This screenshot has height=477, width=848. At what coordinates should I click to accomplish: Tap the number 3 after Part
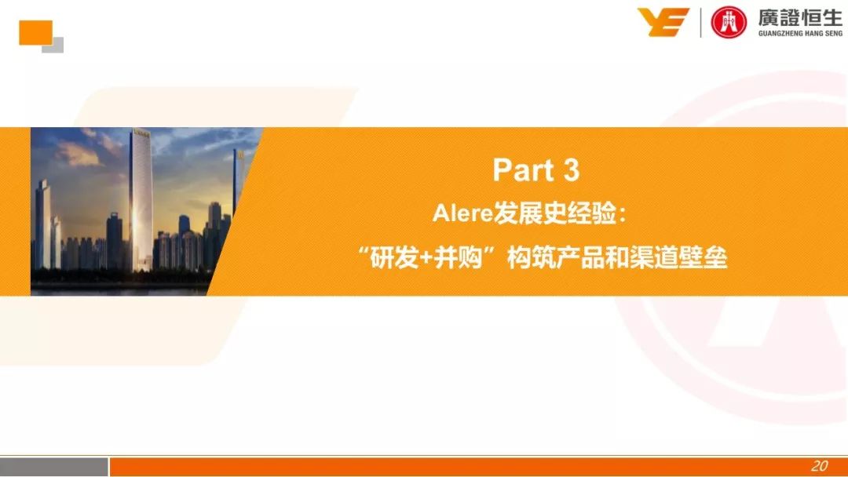coord(571,169)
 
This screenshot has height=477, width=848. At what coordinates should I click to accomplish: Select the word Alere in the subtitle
coord(463,214)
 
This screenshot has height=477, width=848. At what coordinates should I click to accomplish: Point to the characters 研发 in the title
coord(394,257)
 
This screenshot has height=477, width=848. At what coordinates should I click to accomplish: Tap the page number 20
coord(819,466)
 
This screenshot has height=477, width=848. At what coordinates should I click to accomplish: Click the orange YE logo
coord(663,22)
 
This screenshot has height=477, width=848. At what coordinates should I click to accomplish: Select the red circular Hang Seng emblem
coord(729,22)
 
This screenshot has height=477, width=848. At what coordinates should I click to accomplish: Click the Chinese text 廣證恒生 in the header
coord(800,17)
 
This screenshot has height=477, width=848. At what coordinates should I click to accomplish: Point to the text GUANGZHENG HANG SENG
coord(800,34)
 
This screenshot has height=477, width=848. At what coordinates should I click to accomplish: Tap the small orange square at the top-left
coord(35,32)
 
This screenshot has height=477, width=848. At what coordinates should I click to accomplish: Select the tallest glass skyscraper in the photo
coord(141,200)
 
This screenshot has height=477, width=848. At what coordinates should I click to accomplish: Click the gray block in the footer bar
coord(54,467)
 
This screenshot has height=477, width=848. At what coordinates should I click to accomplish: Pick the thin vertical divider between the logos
coord(701,23)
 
